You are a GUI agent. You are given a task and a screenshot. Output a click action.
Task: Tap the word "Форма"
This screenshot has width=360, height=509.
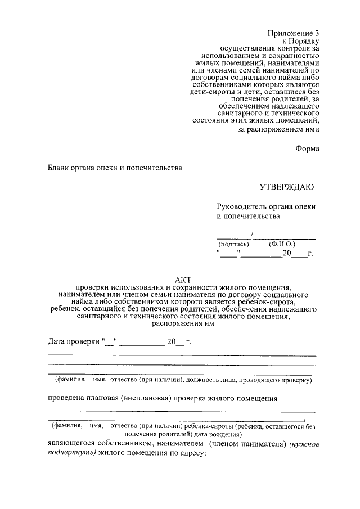[x=308, y=148]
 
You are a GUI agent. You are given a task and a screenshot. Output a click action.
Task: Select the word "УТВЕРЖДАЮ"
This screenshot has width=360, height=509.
[x=286, y=187]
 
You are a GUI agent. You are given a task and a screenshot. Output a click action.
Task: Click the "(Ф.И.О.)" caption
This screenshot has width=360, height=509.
[x=282, y=244]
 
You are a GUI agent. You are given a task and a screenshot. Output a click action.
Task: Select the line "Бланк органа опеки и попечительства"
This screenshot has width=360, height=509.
[x=115, y=167]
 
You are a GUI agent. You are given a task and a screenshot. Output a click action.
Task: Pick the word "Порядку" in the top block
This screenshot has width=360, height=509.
[x=306, y=41]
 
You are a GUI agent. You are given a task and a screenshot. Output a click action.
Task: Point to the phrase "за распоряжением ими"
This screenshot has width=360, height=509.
[x=279, y=129]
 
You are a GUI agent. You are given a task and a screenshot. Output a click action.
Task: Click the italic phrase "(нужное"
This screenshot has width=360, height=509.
[x=305, y=444]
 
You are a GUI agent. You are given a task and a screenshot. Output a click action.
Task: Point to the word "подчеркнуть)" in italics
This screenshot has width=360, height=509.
[x=71, y=453]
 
